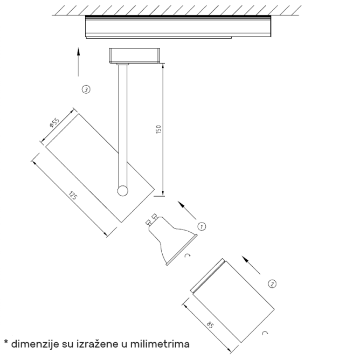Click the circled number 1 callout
[202, 226]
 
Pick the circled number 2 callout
[272, 283]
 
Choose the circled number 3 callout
[86, 89]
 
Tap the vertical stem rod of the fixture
[122, 124]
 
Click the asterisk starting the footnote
[6, 342]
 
